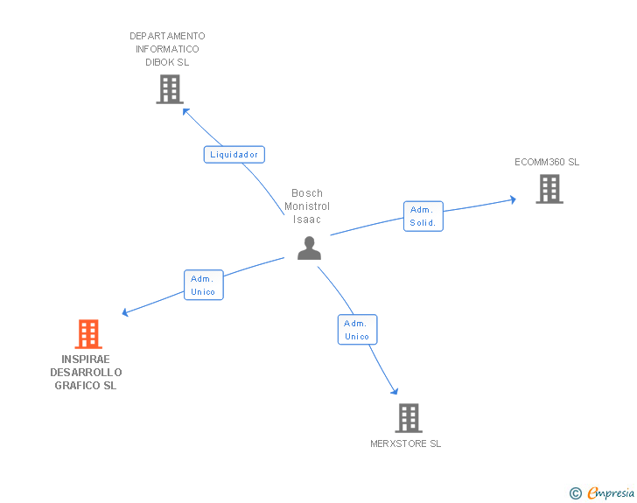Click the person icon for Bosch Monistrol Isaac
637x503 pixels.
(309, 248)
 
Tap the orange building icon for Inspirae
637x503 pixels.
(87, 334)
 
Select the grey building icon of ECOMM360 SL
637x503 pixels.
(549, 189)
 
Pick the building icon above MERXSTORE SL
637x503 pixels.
(409, 418)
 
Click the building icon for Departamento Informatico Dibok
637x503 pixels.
(169, 89)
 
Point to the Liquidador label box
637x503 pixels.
(234, 155)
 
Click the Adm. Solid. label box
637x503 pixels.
(423, 216)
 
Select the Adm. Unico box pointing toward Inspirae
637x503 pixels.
(203, 285)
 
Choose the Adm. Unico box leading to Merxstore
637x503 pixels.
(357, 330)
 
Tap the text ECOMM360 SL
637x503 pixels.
(547, 162)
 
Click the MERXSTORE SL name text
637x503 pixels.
(405, 444)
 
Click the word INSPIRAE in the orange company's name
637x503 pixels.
(86, 360)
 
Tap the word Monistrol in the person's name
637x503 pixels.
(307, 206)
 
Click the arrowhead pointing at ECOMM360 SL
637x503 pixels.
(513, 200)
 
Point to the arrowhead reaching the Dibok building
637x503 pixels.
(185, 110)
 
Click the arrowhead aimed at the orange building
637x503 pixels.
(126, 312)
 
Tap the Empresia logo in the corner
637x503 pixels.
(603, 493)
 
